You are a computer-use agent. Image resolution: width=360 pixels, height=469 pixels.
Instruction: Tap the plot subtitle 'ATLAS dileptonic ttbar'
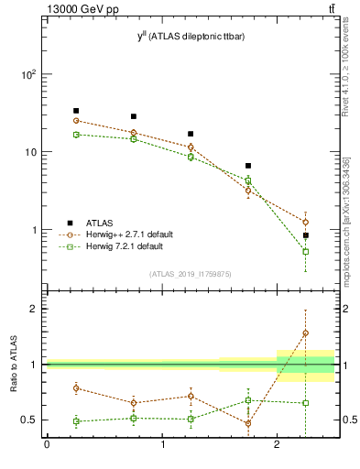[x=190, y=36]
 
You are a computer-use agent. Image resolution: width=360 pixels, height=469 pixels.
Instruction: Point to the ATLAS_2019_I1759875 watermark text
[x=190, y=274]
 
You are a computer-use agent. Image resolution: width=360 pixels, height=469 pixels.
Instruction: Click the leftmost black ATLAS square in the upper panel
[x=76, y=111]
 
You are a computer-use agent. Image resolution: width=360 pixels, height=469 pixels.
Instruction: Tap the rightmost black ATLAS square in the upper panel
[x=305, y=235]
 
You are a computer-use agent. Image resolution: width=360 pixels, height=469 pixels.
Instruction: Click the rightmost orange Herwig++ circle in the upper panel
[x=305, y=222]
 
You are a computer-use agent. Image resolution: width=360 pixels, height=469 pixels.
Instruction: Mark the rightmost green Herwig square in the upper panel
[x=305, y=251]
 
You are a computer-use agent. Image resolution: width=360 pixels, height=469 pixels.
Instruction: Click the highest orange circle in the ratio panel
[x=305, y=333]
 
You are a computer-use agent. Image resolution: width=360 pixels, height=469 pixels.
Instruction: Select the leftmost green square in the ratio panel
[x=76, y=421]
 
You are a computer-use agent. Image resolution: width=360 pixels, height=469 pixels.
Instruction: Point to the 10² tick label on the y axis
[x=27, y=74]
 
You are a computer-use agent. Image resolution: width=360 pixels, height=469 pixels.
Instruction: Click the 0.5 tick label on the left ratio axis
[x=29, y=420]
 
